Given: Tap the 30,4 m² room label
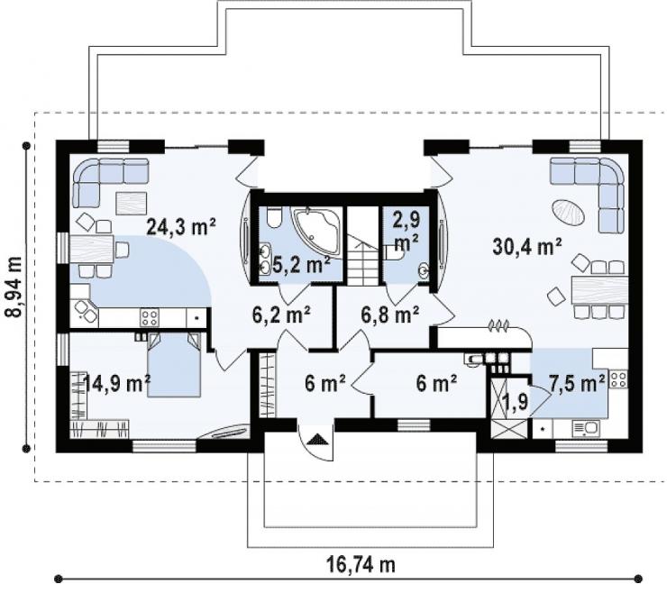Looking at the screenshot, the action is click(x=527, y=246).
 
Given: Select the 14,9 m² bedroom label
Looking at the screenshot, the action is click(x=117, y=383).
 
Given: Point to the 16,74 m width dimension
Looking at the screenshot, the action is click(x=361, y=564).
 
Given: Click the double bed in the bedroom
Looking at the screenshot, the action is click(x=174, y=365).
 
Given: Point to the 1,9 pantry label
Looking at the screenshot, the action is click(x=515, y=400).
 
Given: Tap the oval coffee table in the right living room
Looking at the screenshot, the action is click(x=569, y=213).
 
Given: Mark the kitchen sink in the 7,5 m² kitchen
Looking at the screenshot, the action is click(x=585, y=428).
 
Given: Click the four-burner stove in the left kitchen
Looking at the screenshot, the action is click(x=150, y=317).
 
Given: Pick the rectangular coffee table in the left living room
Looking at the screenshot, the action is click(x=132, y=203).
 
